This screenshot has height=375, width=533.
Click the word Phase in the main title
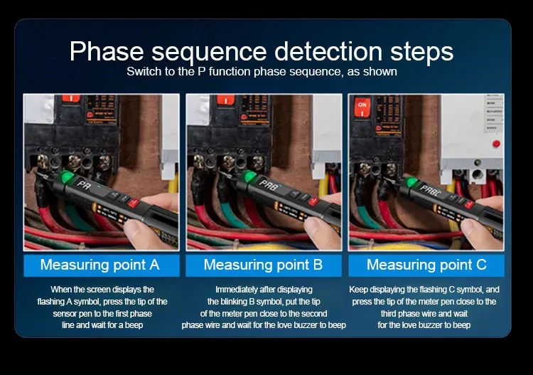click(x=107, y=52)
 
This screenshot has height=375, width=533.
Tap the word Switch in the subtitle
click(x=141, y=71)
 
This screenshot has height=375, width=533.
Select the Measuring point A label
click(x=100, y=265)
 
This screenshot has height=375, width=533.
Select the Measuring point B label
click(x=263, y=265)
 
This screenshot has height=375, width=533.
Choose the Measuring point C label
click(x=426, y=265)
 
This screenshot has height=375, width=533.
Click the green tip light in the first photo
click(x=66, y=177)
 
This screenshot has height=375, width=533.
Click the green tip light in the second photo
click(x=250, y=176)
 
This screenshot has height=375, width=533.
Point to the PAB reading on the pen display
click(x=269, y=184)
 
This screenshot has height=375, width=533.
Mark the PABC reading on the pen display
click(x=431, y=191)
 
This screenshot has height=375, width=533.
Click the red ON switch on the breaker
click(x=362, y=107)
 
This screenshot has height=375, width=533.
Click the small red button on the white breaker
click(x=496, y=143)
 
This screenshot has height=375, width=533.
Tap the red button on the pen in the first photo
click(x=134, y=203)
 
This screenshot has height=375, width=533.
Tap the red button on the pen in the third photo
click(x=469, y=204)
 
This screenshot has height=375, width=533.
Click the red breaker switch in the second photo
click(x=225, y=100)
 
